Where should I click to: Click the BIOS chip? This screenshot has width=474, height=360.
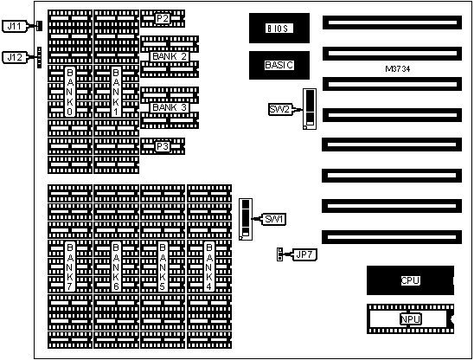tap(279, 29)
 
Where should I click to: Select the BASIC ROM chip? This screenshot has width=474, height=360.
tap(279, 65)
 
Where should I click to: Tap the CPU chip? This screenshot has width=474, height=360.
tap(410, 280)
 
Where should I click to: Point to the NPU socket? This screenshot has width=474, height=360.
tap(410, 318)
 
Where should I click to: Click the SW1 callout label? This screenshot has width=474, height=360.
tap(273, 219)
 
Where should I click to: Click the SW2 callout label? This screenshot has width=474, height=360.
tap(279, 109)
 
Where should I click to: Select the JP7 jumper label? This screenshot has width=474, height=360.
tap(304, 254)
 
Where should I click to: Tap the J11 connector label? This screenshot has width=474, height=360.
tap(15, 26)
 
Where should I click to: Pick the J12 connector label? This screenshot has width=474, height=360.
tap(15, 57)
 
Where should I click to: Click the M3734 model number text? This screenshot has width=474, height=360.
tap(398, 69)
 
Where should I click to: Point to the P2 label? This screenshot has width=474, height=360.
tap(163, 18)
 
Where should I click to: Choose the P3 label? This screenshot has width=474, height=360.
tap(163, 147)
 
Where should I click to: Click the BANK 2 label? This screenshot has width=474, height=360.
tap(170, 56)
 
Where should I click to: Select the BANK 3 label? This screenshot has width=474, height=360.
tap(170, 107)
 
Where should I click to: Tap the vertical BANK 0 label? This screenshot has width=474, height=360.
tap(70, 92)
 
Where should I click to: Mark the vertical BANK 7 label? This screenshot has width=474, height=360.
tap(70, 267)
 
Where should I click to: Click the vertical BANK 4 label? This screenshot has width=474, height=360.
tap(208, 267)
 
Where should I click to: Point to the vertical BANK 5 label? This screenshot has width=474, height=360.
tap(163, 267)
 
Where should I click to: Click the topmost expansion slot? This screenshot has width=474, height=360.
tap(392, 22)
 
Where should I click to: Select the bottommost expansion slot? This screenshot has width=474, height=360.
tap(392, 237)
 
